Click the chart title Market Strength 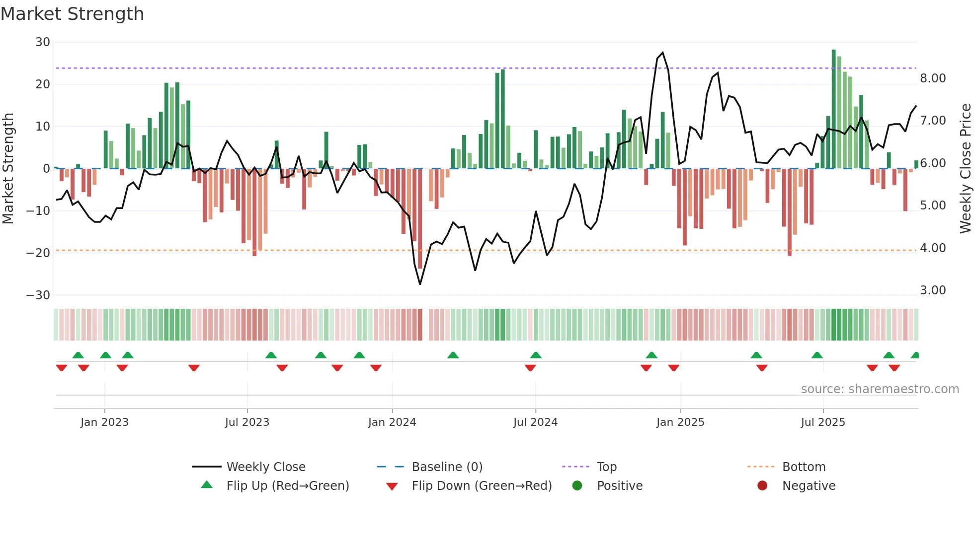[x=72, y=14]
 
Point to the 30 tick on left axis [x=43, y=42]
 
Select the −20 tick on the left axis [x=38, y=253]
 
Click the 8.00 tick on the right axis [x=933, y=78]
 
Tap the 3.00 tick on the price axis [x=933, y=290]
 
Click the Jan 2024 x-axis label [x=392, y=422]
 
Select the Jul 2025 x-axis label [x=822, y=422]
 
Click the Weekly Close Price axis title [x=965, y=168]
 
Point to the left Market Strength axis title [x=8, y=168]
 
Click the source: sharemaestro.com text [x=880, y=389]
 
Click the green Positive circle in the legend [x=577, y=485]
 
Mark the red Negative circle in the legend [x=762, y=485]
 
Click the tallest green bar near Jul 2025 [x=833, y=109]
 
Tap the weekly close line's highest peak [x=662, y=53]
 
